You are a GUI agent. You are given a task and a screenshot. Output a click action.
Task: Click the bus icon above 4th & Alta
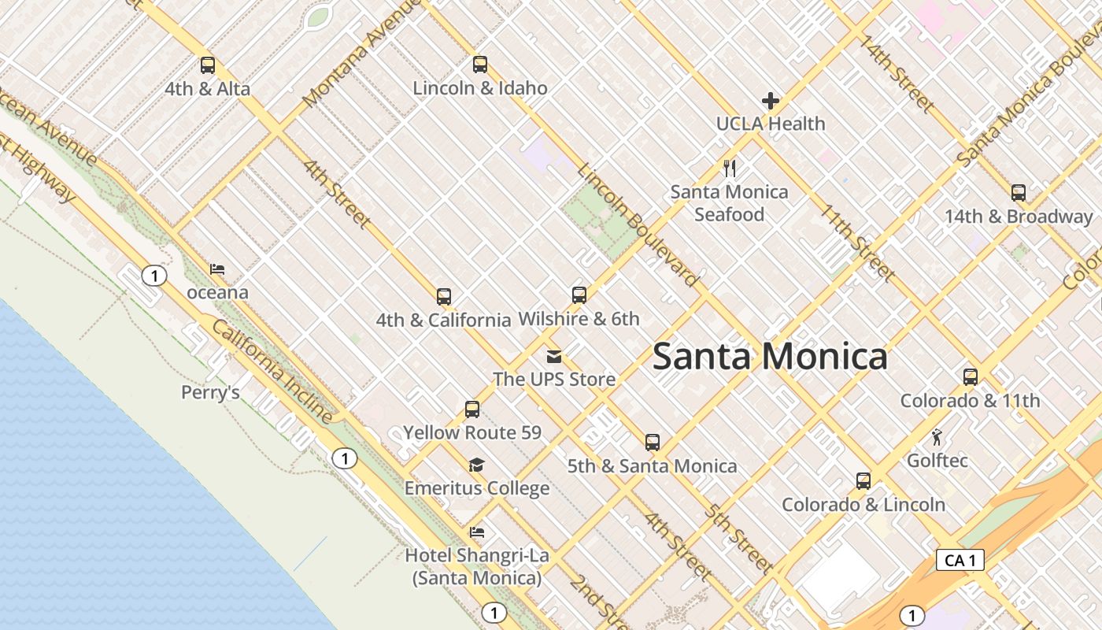pos(208,65)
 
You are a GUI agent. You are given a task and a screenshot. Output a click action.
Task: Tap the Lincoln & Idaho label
pos(480,88)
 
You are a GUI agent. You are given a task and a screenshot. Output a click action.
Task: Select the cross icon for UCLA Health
pos(771,101)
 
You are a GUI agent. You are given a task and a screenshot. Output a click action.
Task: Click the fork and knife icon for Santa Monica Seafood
pos(730,169)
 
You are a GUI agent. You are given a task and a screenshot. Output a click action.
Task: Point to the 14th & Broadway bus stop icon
pos(1019,193)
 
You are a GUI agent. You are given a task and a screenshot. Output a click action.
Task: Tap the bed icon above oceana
pos(217,269)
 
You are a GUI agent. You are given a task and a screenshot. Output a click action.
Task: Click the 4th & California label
pos(443,320)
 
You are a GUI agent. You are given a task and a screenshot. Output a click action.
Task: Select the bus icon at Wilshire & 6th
pos(579,295)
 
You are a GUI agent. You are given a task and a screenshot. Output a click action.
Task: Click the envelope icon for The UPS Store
pos(554,356)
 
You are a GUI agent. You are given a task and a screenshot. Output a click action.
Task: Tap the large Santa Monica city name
pos(770,357)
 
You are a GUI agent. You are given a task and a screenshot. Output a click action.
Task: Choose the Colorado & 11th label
pos(970,401)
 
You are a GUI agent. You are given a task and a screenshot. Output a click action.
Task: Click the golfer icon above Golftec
pos(937,438)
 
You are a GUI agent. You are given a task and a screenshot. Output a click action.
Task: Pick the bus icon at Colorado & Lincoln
pos(863,481)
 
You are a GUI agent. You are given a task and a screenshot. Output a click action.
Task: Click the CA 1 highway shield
pos(960,560)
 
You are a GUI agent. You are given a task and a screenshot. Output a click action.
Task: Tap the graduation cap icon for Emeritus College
pos(476,465)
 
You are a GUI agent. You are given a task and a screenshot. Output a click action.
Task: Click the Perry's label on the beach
pos(210,392)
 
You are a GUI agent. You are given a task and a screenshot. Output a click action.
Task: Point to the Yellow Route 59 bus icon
pos(472,409)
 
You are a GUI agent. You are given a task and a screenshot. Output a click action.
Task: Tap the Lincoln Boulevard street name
pos(638,226)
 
